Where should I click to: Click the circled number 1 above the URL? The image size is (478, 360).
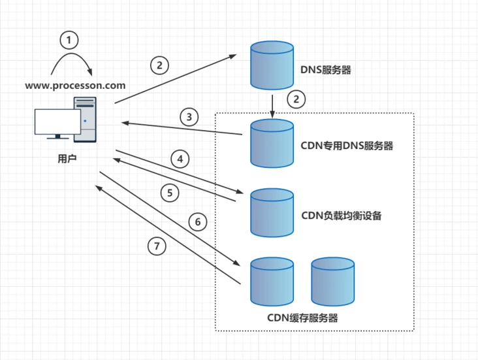pyautogui.click(x=69, y=41)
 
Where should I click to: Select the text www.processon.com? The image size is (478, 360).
pyautogui.click(x=75, y=85)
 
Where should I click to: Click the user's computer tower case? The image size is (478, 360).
pyautogui.click(x=86, y=120)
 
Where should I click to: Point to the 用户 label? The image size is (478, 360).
pyautogui.click(x=67, y=157)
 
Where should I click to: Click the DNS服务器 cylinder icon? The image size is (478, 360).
pyautogui.click(x=272, y=65)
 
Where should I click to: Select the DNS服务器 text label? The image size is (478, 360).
pyautogui.click(x=325, y=70)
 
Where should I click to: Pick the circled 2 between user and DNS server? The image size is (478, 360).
pyautogui.click(x=159, y=65)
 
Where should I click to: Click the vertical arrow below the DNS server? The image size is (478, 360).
pyautogui.click(x=272, y=104)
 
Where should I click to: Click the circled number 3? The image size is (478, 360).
pyautogui.click(x=189, y=117)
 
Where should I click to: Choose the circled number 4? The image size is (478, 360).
pyautogui.click(x=180, y=158)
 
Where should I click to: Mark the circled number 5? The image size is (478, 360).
pyautogui.click(x=170, y=193)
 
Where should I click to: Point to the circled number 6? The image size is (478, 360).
pyautogui.click(x=198, y=221)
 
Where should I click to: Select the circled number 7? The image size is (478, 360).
pyautogui.click(x=156, y=246)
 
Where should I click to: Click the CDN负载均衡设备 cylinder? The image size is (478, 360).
pyautogui.click(x=272, y=212)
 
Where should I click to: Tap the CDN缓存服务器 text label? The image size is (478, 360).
pyautogui.click(x=303, y=318)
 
